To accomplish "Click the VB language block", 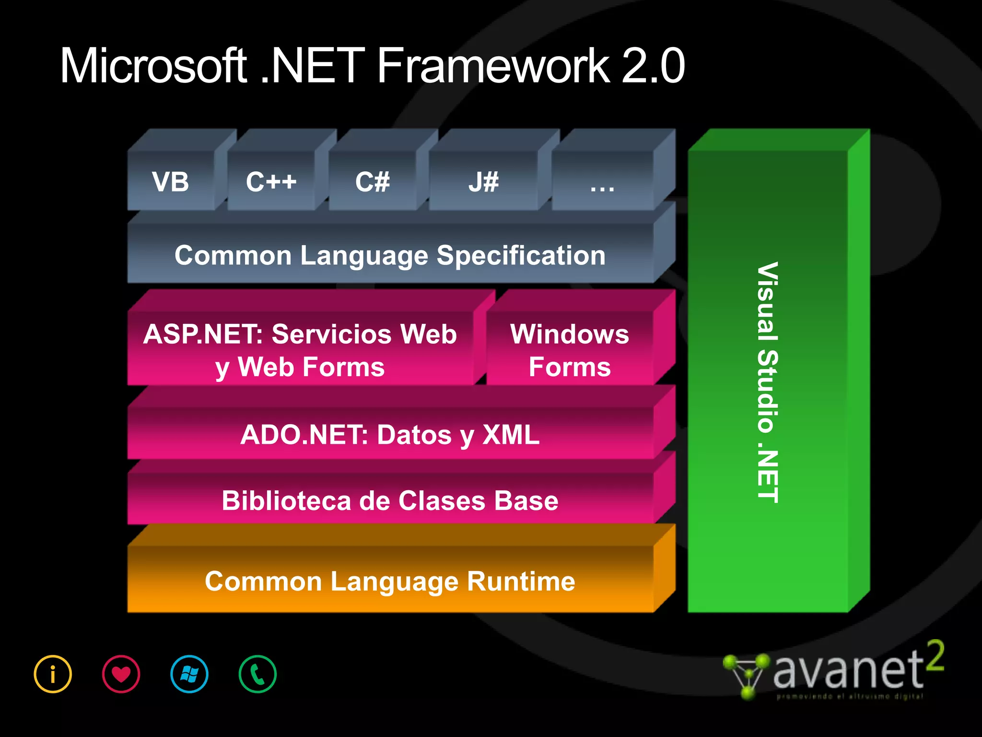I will [x=171, y=182].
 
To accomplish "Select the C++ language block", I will [x=271, y=182].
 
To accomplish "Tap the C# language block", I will [x=372, y=182].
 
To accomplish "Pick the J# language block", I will [x=483, y=182].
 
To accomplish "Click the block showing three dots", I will [x=602, y=185].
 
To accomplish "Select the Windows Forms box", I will [x=570, y=350].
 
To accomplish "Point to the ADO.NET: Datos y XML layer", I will [x=390, y=434].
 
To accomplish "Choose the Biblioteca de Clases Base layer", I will [x=390, y=500].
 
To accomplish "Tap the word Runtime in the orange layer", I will [x=521, y=581].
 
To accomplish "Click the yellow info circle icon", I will [x=53, y=674].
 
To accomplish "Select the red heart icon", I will [x=121, y=674].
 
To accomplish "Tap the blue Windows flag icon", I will [x=189, y=674].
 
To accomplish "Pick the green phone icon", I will [x=257, y=674].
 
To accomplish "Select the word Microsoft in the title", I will [x=153, y=66].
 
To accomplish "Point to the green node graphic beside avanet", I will [x=746, y=675].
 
